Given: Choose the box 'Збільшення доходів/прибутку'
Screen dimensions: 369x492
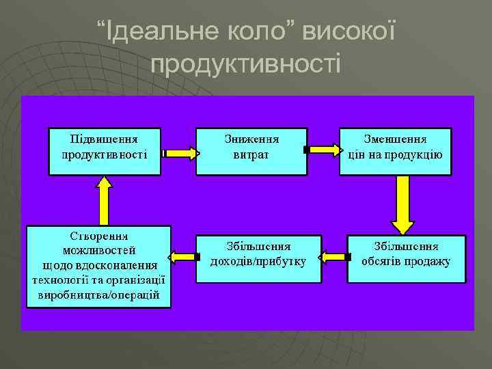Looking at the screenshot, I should [x=258, y=259].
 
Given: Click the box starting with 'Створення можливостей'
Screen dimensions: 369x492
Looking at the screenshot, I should [x=99, y=266].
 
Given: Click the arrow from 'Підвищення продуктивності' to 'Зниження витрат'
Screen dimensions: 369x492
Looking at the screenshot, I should [x=179, y=151].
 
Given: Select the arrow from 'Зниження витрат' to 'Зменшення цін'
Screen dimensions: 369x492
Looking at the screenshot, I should [x=323, y=149].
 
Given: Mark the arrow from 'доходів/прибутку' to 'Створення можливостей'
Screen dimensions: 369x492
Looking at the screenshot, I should [x=183, y=257].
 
